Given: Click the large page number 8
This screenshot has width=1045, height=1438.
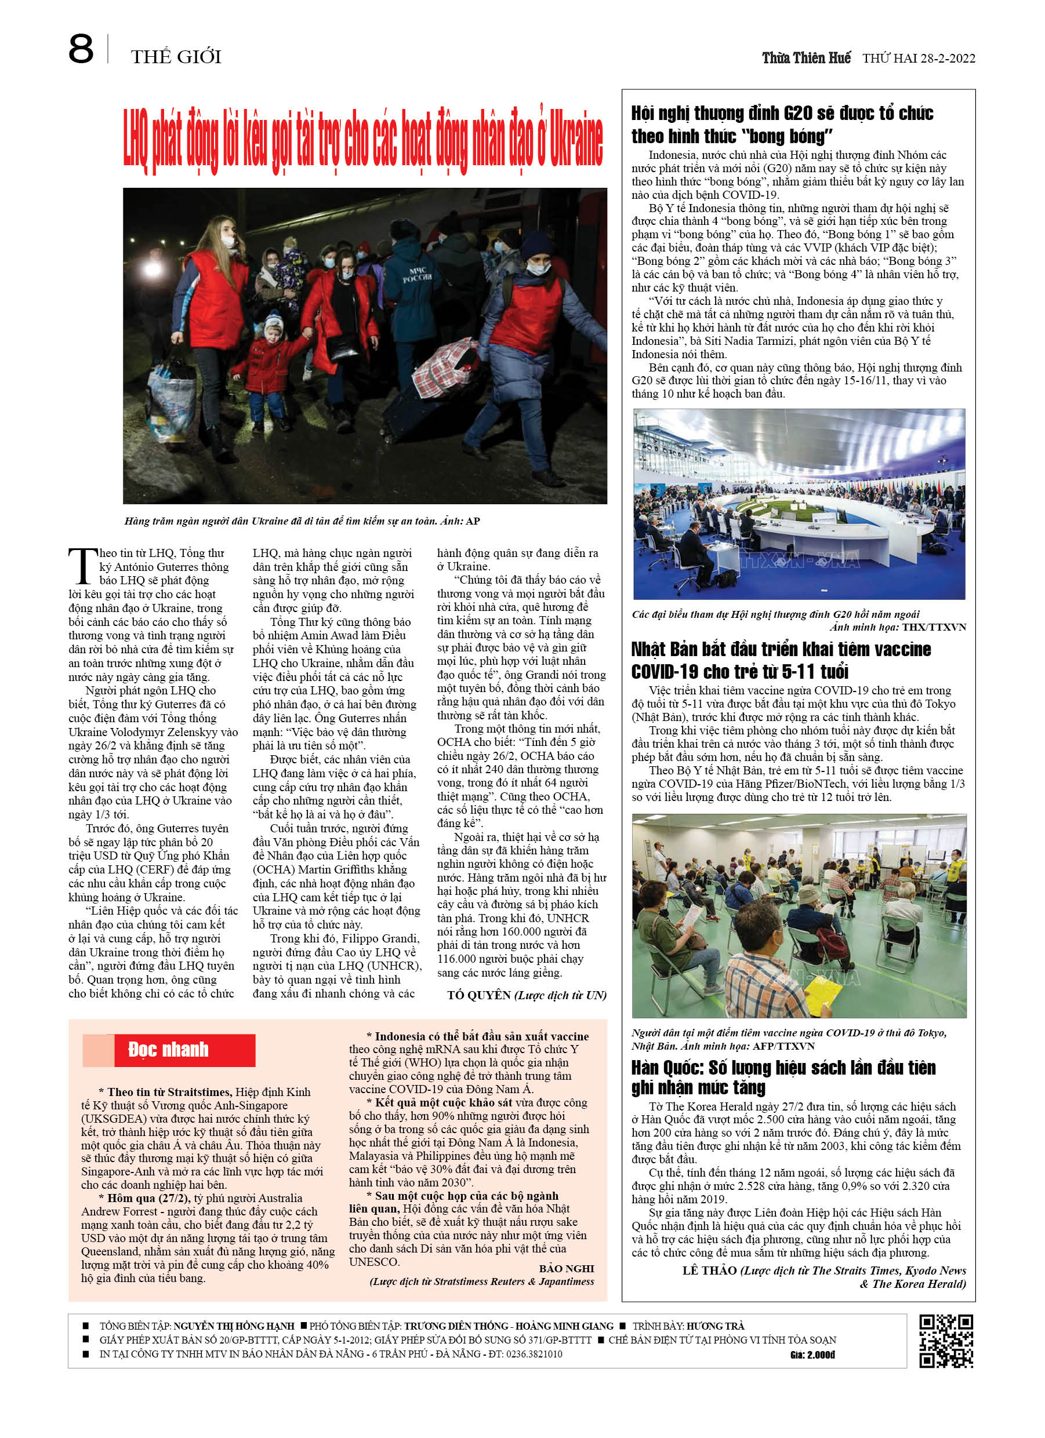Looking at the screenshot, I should (x=81, y=49).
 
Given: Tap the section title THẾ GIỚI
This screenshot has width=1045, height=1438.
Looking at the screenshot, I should (x=176, y=57).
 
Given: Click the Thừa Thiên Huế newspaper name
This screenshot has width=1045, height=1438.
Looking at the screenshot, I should (x=806, y=59).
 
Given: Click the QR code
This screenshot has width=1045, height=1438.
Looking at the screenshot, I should (x=945, y=1341).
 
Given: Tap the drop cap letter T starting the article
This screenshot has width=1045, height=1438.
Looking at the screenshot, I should (x=82, y=566).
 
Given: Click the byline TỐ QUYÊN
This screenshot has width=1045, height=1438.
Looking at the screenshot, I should (x=478, y=995).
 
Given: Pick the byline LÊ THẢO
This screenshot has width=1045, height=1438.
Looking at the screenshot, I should (x=709, y=1270).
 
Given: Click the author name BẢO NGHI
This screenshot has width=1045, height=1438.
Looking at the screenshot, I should (x=566, y=1269).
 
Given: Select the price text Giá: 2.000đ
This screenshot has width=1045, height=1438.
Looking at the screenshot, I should (x=812, y=1355).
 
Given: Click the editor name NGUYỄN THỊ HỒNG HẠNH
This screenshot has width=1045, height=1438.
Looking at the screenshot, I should (x=234, y=1326).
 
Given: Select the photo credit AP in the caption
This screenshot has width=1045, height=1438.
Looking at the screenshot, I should (x=473, y=521).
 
